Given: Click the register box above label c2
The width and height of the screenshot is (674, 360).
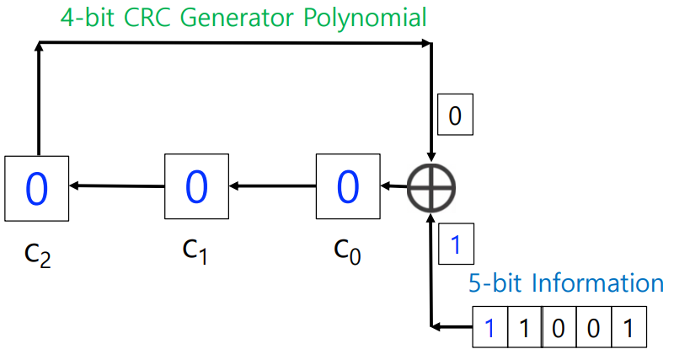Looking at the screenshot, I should tap(37, 188).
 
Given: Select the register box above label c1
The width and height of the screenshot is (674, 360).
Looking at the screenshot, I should tap(196, 185).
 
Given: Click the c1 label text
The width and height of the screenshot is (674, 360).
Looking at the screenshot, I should tap(195, 249).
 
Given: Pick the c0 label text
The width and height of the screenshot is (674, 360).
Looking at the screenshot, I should tap(347, 250).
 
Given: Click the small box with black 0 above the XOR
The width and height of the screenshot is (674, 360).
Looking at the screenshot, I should tap(455, 116).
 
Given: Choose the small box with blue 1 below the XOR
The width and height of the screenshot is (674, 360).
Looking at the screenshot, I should tap(455, 245).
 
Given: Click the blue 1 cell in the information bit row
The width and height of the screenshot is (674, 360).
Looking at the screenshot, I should tap(489, 328).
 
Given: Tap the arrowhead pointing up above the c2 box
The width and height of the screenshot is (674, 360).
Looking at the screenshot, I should tap(38, 49).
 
